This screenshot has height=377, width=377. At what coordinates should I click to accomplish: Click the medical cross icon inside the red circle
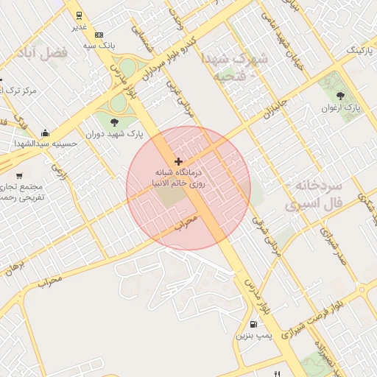[178, 161]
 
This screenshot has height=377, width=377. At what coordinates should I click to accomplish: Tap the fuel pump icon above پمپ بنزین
[254, 324]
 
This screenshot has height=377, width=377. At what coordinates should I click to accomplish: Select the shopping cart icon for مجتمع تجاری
[18, 175]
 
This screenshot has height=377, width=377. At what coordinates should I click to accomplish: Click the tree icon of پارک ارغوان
[340, 95]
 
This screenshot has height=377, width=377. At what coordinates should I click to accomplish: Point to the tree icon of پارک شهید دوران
[113, 122]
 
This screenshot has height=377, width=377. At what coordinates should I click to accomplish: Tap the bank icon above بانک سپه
[99, 34]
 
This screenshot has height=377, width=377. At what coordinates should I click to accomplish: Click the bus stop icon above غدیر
[79, 15]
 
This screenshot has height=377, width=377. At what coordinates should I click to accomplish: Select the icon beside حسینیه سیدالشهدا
[46, 133]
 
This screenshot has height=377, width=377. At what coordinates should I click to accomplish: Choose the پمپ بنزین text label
[254, 337]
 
